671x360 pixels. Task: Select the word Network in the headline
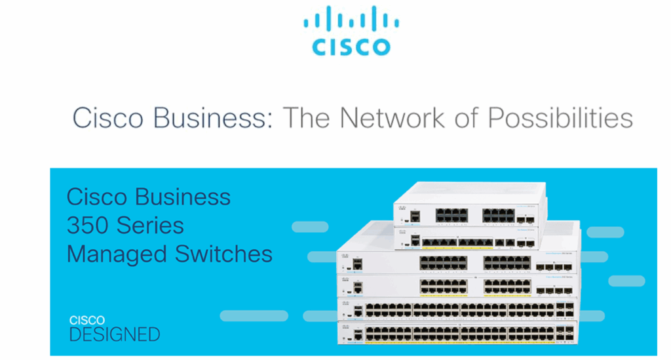[380, 119]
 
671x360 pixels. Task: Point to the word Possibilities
[561, 119]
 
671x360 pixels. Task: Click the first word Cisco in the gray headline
[108, 119]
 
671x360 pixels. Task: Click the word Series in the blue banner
[151, 225]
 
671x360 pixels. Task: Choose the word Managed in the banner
[114, 254]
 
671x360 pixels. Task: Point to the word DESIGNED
[114, 334]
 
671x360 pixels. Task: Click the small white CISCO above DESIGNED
[86, 320]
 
